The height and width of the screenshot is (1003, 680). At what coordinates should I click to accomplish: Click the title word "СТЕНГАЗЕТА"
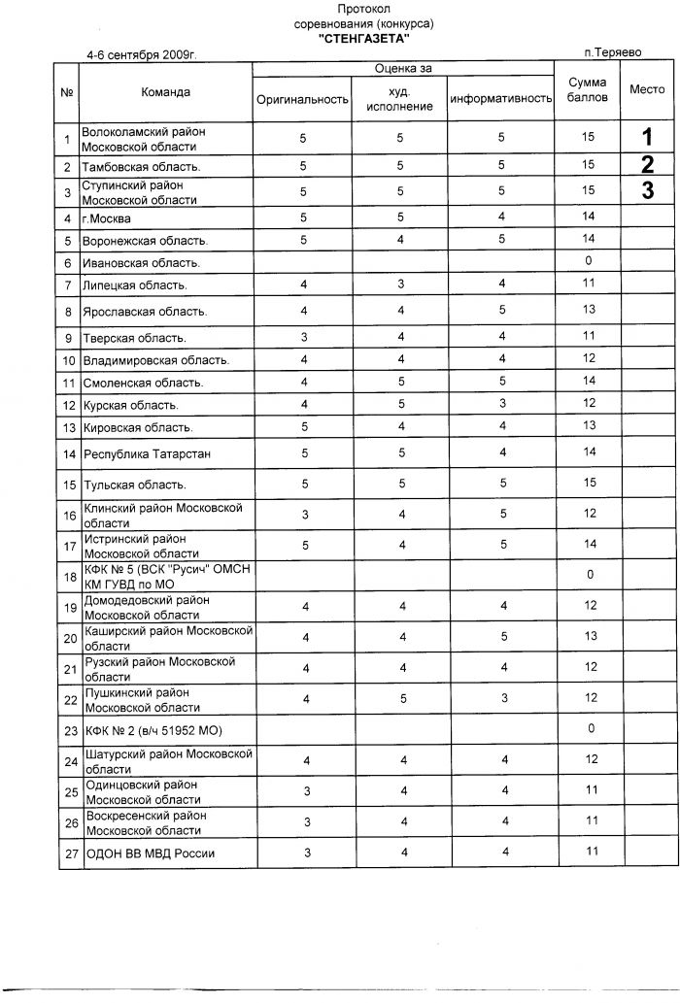(x=363, y=38)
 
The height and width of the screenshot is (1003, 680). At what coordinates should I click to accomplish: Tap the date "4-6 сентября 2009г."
(x=141, y=55)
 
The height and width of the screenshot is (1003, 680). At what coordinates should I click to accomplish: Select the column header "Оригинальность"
(x=302, y=100)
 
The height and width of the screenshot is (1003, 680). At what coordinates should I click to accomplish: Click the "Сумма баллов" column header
(x=588, y=91)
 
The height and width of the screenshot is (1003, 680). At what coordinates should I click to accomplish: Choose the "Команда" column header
(x=165, y=92)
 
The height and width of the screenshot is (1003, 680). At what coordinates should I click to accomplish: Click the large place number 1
(x=648, y=137)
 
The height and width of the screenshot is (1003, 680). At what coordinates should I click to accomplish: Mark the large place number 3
(x=648, y=190)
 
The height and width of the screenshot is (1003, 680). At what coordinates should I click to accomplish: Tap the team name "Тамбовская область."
(x=142, y=167)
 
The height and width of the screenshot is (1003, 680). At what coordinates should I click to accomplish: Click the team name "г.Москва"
(x=107, y=218)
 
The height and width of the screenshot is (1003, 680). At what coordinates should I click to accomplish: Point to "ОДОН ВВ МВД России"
(x=151, y=853)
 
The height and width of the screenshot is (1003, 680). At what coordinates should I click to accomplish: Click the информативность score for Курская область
(x=502, y=404)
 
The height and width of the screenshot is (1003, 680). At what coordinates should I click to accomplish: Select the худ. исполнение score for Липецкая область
(x=400, y=284)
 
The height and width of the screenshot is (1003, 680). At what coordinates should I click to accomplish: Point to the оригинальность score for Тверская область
(x=304, y=337)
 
